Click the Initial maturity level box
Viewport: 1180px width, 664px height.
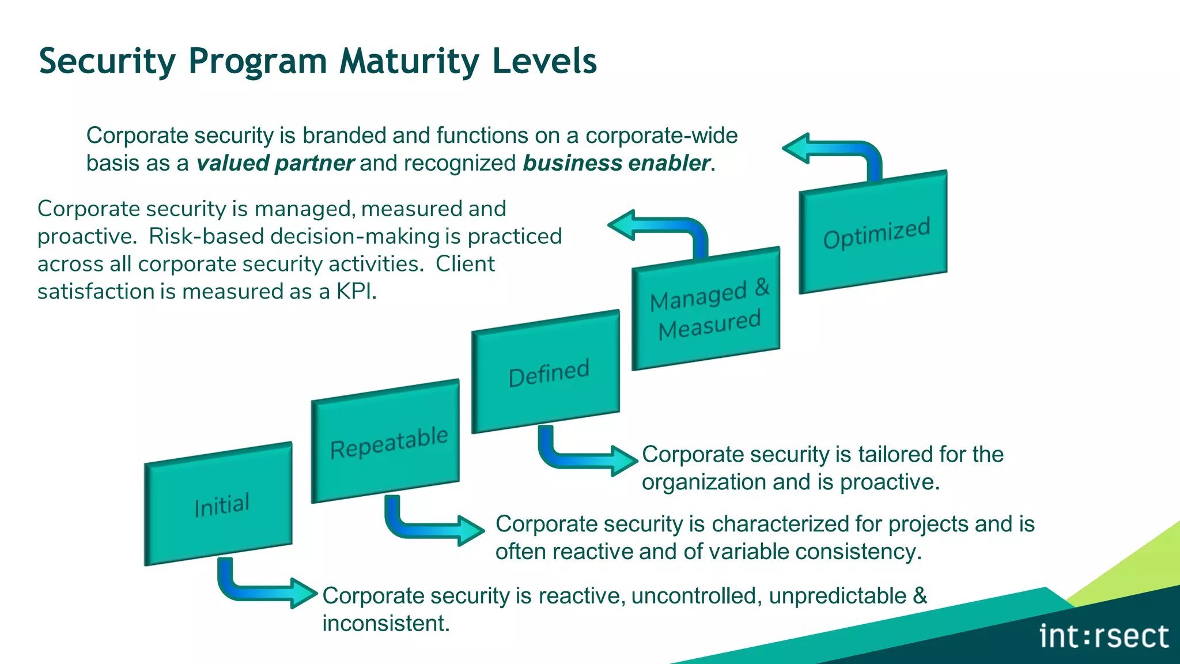coord(219,504)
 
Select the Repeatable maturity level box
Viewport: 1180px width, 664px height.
coord(385,442)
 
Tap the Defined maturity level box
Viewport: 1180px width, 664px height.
coord(546,372)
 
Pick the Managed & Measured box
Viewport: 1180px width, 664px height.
coord(706,309)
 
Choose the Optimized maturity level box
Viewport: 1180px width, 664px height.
coord(873,232)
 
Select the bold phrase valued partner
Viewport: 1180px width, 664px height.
coord(275,163)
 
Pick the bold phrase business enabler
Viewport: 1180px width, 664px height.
coord(616,163)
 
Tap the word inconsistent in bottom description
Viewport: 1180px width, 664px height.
coord(385,624)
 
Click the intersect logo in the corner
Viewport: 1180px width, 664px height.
coord(1103,636)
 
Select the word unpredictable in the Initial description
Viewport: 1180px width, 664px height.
coord(837,596)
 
